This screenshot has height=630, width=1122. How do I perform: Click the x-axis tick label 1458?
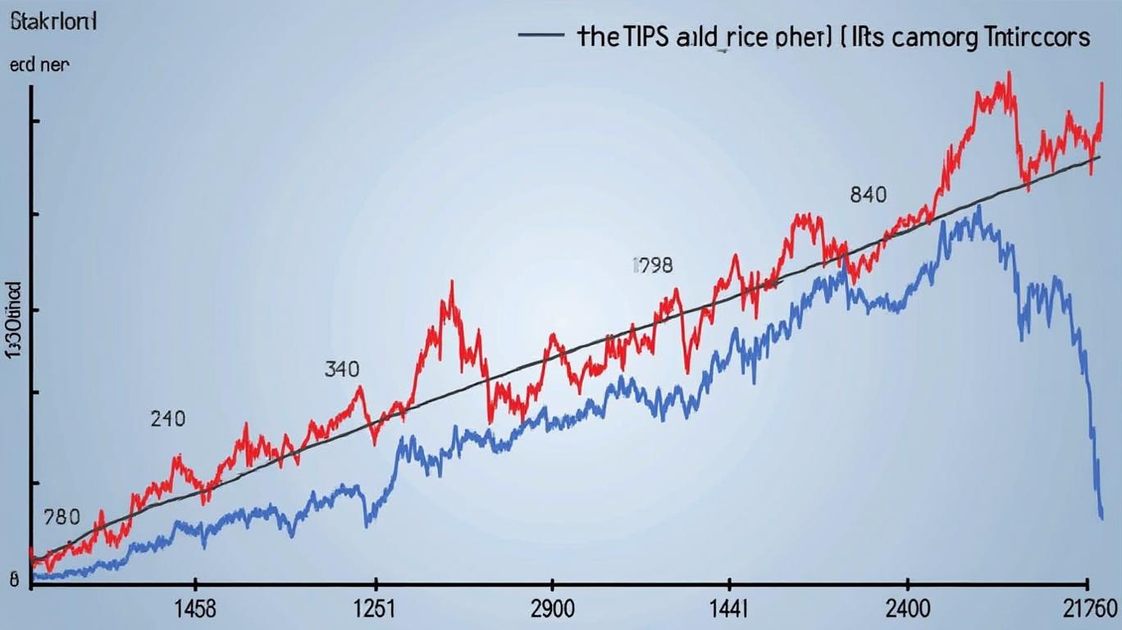[x=195, y=610]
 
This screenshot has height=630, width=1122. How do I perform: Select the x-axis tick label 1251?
[x=374, y=610]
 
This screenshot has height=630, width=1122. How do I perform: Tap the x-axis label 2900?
[x=554, y=610]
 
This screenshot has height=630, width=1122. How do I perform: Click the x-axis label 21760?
[x=1089, y=610]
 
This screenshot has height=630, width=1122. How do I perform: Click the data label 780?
[x=62, y=518]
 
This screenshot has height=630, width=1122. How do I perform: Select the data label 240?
[x=168, y=419]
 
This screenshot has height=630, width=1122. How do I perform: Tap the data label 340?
[x=341, y=369]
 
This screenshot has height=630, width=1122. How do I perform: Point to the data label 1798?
[x=653, y=265]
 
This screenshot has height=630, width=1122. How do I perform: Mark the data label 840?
[x=869, y=195]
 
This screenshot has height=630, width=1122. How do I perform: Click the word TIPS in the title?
[x=646, y=38]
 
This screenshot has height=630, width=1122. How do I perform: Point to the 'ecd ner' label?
[x=39, y=66]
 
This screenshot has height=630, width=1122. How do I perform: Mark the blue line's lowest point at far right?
[x=1101, y=517]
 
